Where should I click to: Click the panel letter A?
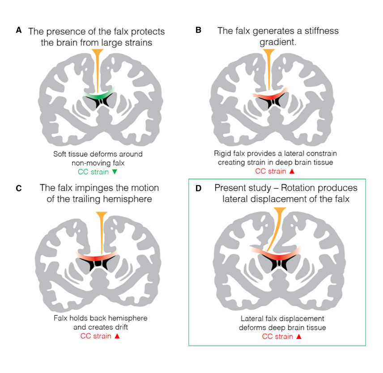(18, 30)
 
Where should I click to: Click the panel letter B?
(198, 30)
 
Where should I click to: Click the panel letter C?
(18, 188)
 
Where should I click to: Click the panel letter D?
(199, 188)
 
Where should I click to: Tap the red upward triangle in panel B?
(295, 171)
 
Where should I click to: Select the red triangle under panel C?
(115, 335)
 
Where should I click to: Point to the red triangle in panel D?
(298, 336)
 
